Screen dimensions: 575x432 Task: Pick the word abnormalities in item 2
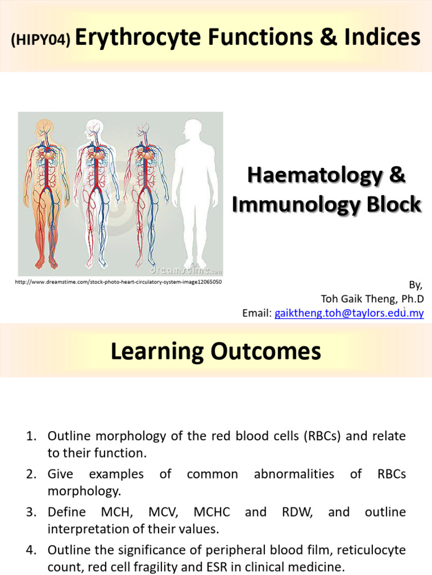pyautogui.click(x=294, y=474)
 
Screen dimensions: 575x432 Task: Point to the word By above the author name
pyautogui.click(x=417, y=285)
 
